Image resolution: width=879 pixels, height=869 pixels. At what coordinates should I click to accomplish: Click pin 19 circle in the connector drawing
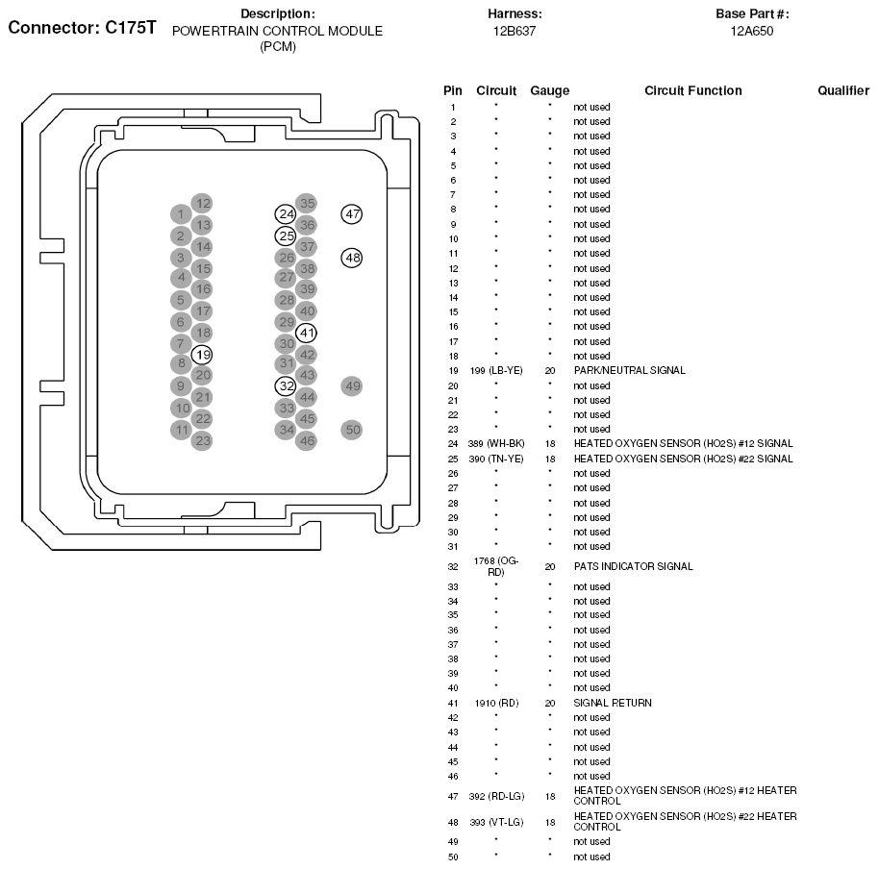pos(202,355)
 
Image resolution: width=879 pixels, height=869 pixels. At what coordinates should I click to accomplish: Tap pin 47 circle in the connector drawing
pos(352,214)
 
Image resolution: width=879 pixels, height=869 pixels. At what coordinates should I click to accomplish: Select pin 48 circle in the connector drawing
pos(352,258)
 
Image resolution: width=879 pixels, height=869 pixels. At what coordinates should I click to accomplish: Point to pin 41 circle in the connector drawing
pos(307,334)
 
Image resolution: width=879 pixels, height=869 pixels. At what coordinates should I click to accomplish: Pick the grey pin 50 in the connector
pos(352,430)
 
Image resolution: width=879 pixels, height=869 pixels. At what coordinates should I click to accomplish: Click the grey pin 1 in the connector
pos(180,213)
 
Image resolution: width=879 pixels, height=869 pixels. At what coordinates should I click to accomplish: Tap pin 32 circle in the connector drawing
pos(285,386)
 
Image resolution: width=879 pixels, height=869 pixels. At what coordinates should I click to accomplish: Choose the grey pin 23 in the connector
pos(202,441)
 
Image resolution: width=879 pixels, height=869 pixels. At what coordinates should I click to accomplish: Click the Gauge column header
pos(549,90)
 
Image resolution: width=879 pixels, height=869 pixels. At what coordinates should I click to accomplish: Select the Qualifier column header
pos(843,90)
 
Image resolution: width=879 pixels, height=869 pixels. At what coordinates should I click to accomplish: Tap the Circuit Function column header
pos(692,90)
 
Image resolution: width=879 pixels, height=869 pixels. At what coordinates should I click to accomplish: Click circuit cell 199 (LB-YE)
pos(496,370)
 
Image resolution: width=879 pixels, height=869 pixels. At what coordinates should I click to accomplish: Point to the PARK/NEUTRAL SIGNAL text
pos(629,370)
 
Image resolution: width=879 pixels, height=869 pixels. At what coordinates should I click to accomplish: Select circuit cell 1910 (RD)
pos(496,703)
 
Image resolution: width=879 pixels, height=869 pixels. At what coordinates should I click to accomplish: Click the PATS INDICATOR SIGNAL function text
pos(633,566)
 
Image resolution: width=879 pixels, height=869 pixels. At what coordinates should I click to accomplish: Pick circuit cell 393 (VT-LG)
pos(496,823)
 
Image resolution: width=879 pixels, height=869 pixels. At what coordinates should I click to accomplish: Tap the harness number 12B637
pos(515,31)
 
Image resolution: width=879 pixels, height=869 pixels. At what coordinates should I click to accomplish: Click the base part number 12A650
pos(751,31)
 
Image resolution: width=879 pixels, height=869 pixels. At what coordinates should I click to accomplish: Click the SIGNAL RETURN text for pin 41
pos(613,703)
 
